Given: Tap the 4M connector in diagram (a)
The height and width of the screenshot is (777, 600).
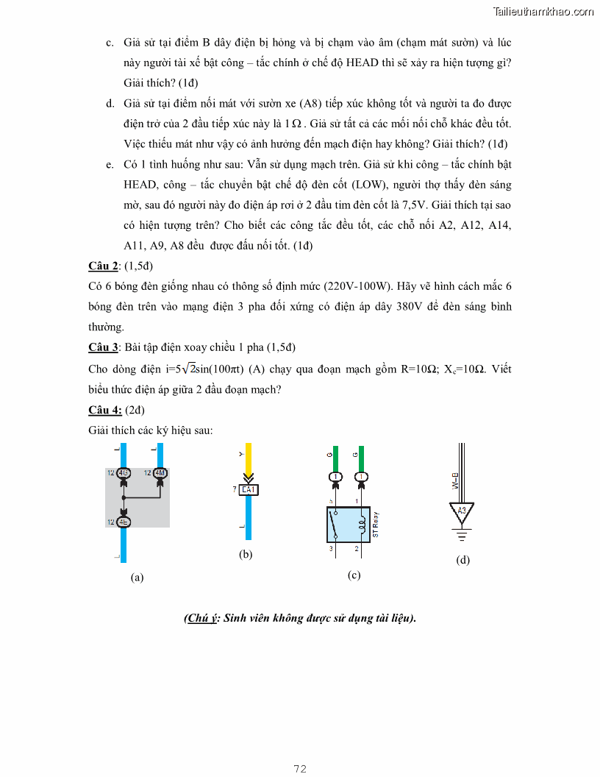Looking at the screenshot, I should pyautogui.click(x=160, y=472).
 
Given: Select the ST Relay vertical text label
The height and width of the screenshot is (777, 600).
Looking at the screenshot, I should pyautogui.click(x=376, y=525).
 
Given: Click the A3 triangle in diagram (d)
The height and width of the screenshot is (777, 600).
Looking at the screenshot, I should pyautogui.click(x=462, y=511).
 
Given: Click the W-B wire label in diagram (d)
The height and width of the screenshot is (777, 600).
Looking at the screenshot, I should pyautogui.click(x=455, y=481).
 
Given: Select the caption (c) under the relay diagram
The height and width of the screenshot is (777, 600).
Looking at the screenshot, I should pyautogui.click(x=354, y=575).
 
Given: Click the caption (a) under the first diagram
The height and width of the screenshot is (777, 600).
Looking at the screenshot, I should pyautogui.click(x=137, y=578).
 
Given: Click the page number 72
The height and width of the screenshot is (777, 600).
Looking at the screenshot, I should pyautogui.click(x=299, y=769).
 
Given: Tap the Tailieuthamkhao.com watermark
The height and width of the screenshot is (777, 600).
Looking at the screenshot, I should pyautogui.click(x=543, y=11).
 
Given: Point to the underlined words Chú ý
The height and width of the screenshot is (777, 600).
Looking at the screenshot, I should pyautogui.click(x=202, y=618).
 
